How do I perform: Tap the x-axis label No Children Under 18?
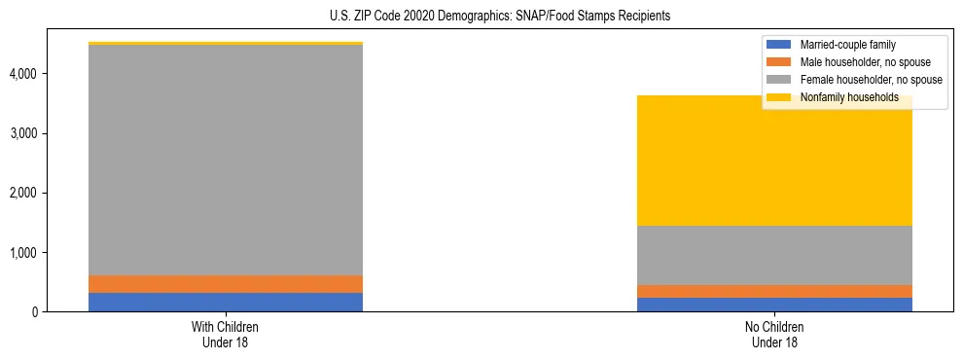tap(774, 335)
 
